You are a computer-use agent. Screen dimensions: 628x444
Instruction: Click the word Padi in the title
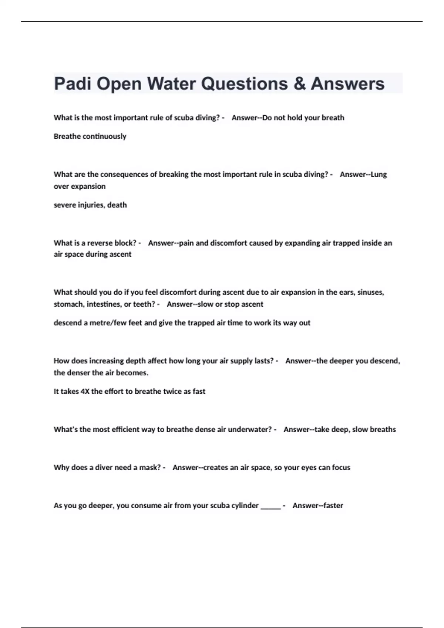click(72, 84)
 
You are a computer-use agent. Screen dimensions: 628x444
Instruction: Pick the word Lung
click(379, 174)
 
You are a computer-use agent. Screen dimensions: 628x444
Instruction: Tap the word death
click(117, 205)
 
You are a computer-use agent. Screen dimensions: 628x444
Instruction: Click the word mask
click(149, 468)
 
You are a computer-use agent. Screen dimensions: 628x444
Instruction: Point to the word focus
click(341, 468)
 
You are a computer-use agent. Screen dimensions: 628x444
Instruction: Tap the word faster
click(333, 506)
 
